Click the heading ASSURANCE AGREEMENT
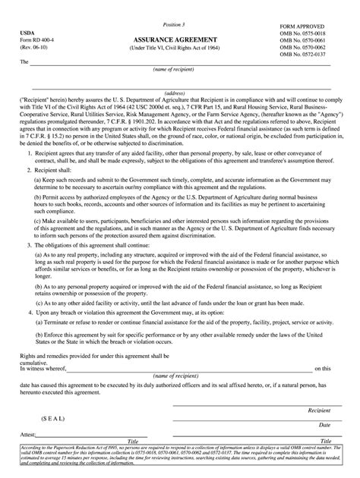click(180, 38)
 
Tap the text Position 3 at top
click(179, 25)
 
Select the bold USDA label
click(27, 34)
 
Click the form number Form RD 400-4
click(38, 41)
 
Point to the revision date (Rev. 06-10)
click(36, 49)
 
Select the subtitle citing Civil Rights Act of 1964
click(180, 47)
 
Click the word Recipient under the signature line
click(318, 410)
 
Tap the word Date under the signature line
click(324, 425)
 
